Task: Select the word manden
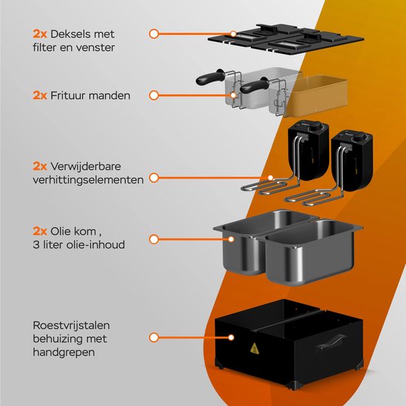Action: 109,95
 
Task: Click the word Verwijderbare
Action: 86,167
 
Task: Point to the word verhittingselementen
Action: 88,180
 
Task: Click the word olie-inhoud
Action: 95,244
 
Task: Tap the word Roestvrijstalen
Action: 71,326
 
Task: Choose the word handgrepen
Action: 63,352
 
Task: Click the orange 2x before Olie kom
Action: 40,231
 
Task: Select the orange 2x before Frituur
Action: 40,95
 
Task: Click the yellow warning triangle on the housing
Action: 255,348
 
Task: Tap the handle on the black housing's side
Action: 331,342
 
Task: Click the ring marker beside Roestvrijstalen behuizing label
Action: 154,337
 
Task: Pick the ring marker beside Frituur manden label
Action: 154,95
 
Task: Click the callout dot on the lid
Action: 233,34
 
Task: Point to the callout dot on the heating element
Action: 270,178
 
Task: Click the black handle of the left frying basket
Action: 210,77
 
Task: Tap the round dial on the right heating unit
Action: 358,137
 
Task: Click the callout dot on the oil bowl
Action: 231,239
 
